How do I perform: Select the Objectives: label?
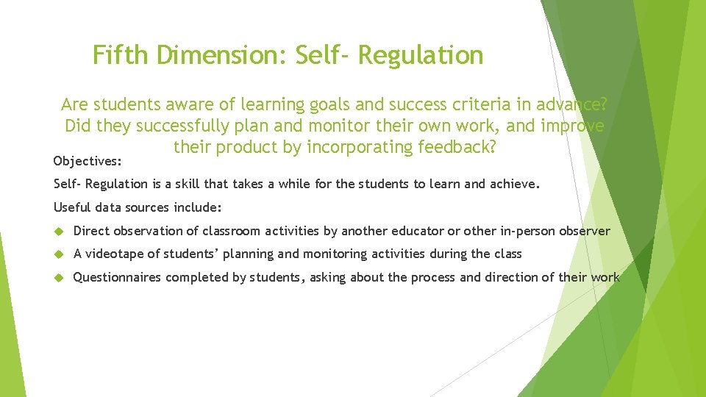click(x=88, y=160)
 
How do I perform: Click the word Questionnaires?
click(x=118, y=277)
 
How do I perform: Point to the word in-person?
click(x=524, y=231)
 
